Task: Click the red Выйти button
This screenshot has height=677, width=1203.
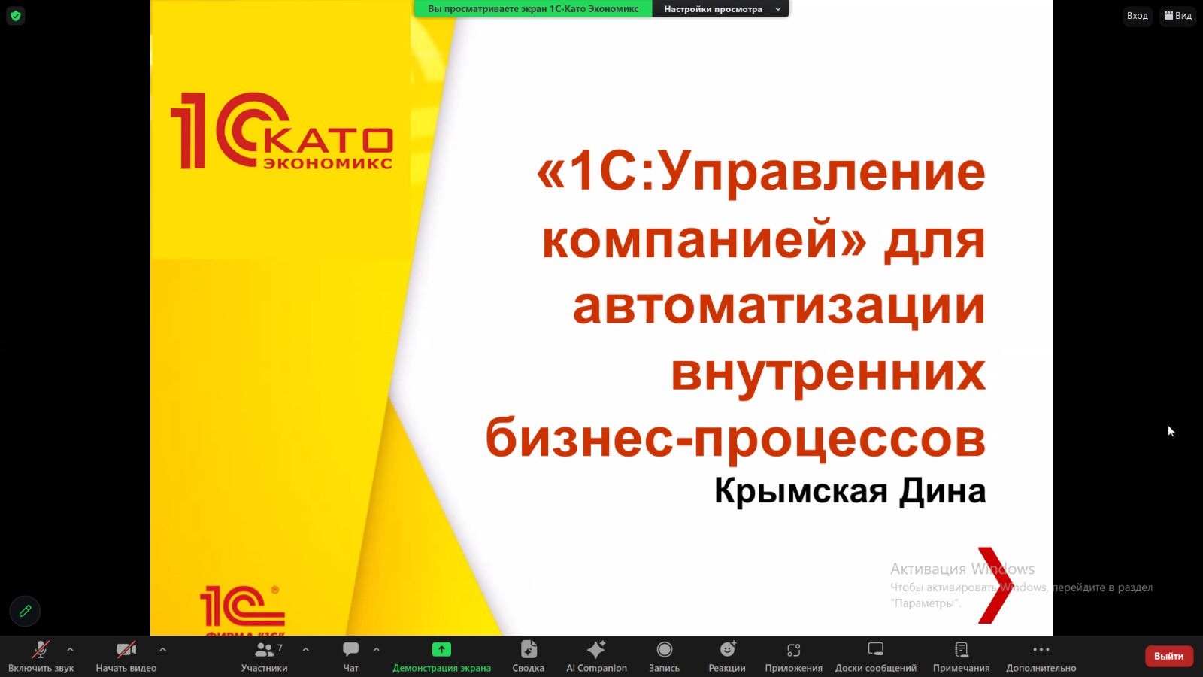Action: tap(1168, 656)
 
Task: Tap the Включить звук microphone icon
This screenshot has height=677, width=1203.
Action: tap(41, 650)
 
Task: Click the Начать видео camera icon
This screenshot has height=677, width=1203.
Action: tap(126, 650)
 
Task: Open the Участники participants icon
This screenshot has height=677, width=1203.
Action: tap(264, 650)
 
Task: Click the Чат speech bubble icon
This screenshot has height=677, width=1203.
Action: tap(350, 650)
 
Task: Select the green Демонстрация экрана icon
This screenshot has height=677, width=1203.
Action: tap(441, 650)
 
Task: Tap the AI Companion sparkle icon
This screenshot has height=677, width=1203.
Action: tap(596, 649)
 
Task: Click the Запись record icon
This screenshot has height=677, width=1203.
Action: tap(665, 650)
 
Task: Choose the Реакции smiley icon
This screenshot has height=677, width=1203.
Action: tap(728, 649)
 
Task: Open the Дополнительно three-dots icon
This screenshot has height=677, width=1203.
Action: tap(1041, 650)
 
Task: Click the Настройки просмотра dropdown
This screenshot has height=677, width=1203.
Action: tap(720, 8)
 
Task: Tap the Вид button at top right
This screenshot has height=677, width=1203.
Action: tap(1177, 16)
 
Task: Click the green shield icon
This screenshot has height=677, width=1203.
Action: tap(16, 16)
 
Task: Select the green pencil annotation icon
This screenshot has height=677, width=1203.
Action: tap(25, 611)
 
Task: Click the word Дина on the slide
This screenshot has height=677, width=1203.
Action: tap(943, 492)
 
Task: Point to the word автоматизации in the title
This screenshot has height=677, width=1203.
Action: tap(779, 306)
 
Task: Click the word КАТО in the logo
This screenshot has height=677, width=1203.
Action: tap(329, 141)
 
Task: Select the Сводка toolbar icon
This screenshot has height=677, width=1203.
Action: tap(529, 650)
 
